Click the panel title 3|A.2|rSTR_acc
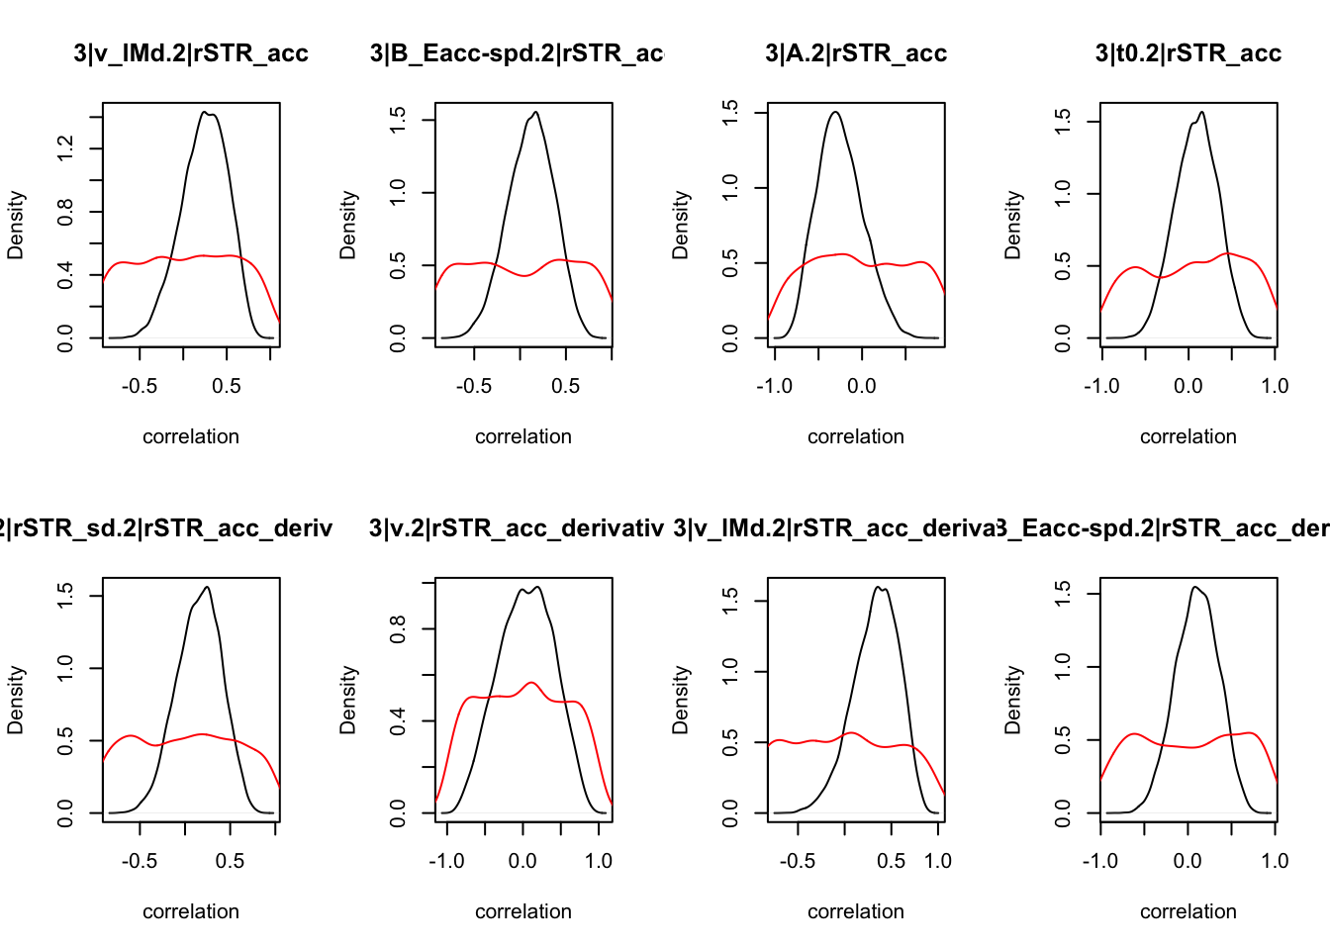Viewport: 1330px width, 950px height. tap(856, 53)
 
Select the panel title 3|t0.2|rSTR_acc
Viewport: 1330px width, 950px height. tap(1187, 53)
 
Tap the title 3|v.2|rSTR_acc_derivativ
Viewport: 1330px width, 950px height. tap(516, 528)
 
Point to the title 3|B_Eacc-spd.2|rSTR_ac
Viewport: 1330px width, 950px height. tap(516, 53)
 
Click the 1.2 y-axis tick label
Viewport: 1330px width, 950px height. tap(65, 148)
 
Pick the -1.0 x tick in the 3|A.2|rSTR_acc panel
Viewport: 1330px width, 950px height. tap(774, 386)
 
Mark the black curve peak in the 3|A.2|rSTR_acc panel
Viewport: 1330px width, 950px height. tap(836, 112)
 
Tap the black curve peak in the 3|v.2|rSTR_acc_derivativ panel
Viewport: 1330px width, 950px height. tap(536, 587)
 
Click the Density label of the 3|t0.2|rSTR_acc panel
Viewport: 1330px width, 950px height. tap(1012, 226)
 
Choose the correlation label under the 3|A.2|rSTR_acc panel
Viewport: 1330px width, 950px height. tap(856, 436)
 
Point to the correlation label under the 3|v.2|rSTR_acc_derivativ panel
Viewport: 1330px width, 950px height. tap(523, 911)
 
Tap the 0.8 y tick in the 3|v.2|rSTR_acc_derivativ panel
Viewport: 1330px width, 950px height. tap(398, 628)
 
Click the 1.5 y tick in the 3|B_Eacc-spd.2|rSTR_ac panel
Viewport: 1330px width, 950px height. tap(398, 120)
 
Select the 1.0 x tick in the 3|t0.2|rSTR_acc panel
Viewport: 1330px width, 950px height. tap(1275, 386)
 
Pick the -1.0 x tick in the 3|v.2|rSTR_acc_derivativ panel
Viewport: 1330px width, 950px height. tap(446, 861)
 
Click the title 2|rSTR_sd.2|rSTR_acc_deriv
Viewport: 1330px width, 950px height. tap(166, 528)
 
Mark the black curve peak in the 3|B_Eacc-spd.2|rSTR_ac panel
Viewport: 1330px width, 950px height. tap(536, 112)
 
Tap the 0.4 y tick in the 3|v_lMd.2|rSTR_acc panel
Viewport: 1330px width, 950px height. tap(65, 275)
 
